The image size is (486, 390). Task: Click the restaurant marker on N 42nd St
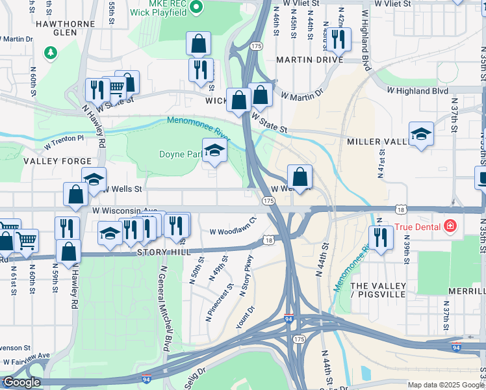[338, 40]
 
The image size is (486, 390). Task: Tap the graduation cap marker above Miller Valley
[421, 135]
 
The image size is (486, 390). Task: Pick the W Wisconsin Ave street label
[124, 211]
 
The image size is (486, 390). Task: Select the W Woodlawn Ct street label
[234, 231]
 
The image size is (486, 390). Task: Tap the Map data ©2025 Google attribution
[445, 385]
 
